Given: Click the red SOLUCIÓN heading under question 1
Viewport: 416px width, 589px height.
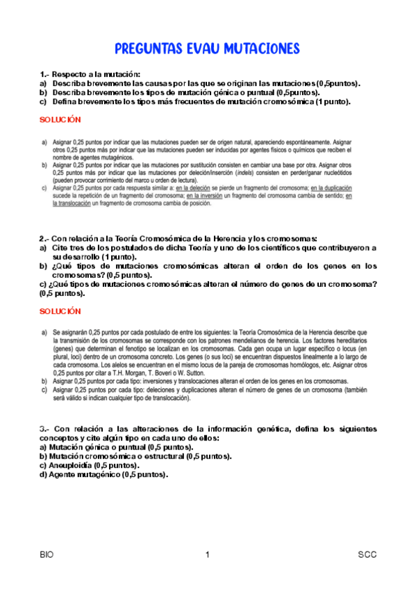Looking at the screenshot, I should point(60,119).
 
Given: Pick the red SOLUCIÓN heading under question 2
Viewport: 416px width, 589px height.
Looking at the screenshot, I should point(60,311).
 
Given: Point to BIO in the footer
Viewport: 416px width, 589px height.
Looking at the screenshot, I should point(47,555).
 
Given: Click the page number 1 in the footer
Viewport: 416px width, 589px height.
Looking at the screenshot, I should point(207,555).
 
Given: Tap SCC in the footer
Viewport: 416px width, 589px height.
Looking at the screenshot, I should point(367,555).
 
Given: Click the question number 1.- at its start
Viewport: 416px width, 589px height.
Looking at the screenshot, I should point(44,74).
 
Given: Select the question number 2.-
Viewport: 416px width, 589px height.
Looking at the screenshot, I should point(44,238).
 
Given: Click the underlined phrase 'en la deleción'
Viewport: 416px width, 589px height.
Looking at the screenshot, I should point(194,188).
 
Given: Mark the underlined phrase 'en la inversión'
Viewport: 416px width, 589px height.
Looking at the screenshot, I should point(199,196).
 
